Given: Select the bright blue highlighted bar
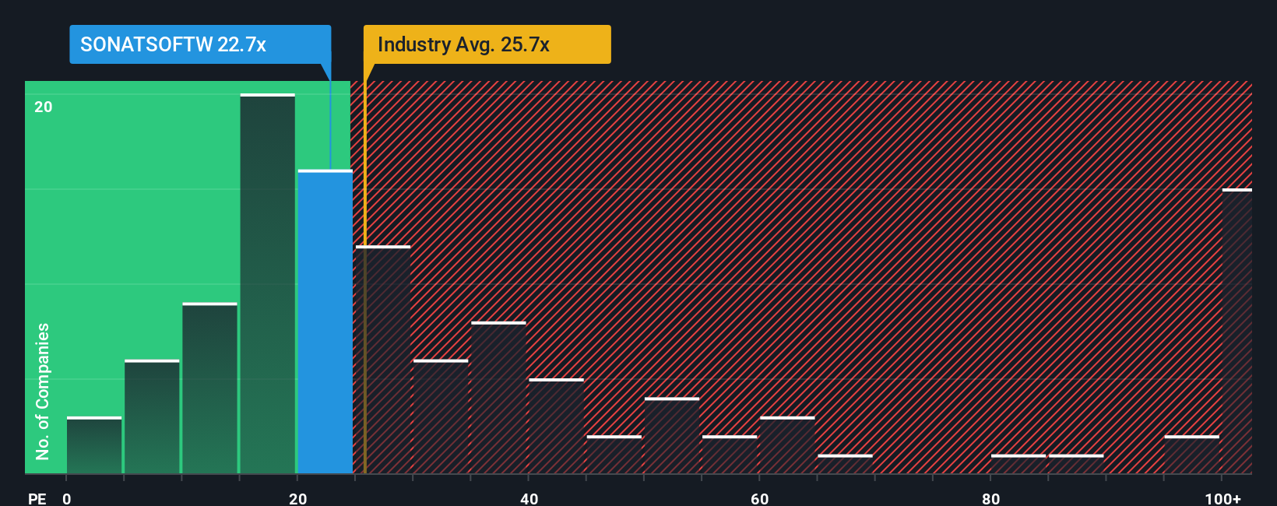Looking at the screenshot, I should pyautogui.click(x=325, y=322).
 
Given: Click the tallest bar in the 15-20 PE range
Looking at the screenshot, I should pyautogui.click(x=268, y=284).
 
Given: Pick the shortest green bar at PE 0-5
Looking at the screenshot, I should pyautogui.click(x=94, y=446).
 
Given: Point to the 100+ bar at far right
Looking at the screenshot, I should pyautogui.click(x=1237, y=332).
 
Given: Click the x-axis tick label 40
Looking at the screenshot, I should pyautogui.click(x=529, y=498).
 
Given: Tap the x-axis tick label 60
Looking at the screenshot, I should pyautogui.click(x=760, y=498).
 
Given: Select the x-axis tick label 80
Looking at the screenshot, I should pyautogui.click(x=990, y=498).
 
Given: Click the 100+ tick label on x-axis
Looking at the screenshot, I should pyautogui.click(x=1222, y=498).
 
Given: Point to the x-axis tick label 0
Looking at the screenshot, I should pyautogui.click(x=67, y=498).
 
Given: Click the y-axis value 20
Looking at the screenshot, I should pyautogui.click(x=44, y=107).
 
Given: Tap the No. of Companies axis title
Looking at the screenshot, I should pyautogui.click(x=43, y=391).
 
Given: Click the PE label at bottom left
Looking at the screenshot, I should pyautogui.click(x=37, y=498).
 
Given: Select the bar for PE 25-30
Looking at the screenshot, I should pyautogui.click(x=383, y=360).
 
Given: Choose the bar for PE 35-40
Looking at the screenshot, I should pyautogui.click(x=498, y=398).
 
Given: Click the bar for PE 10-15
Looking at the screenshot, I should pyautogui.click(x=210, y=388).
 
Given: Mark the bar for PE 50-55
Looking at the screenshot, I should pyautogui.click(x=672, y=436).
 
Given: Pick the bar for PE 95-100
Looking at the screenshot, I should pyautogui.click(x=1191, y=455).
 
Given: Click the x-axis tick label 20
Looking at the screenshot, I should pyautogui.click(x=297, y=498).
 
